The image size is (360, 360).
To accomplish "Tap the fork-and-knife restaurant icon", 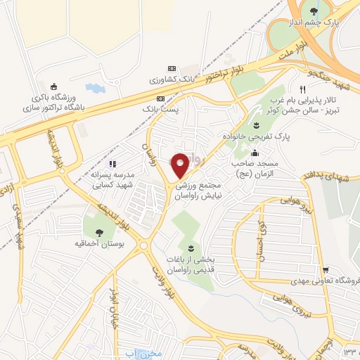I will [302, 90].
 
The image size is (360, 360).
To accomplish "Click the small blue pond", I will [93, 89].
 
